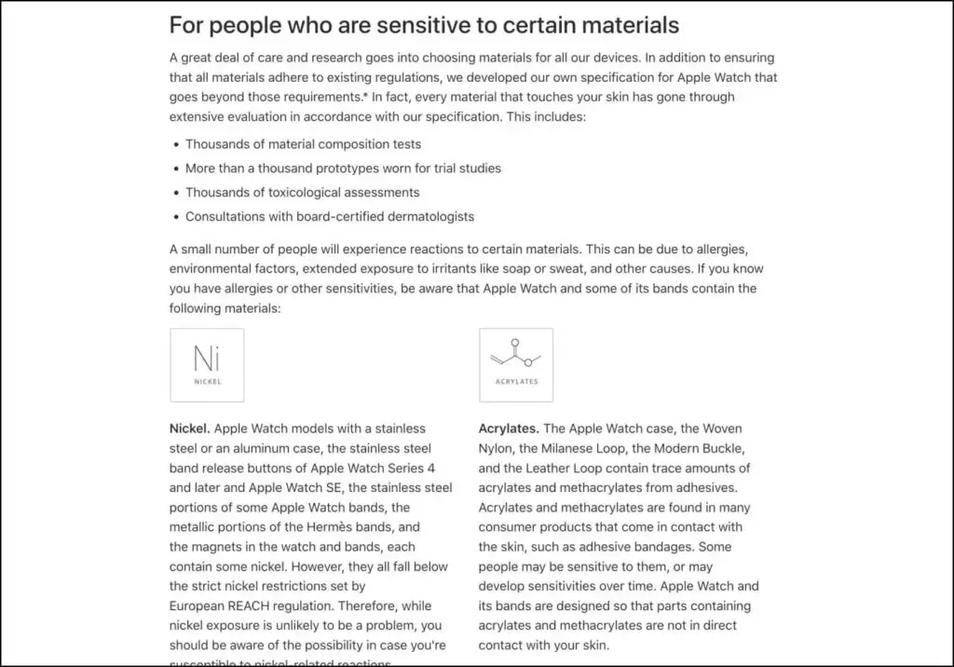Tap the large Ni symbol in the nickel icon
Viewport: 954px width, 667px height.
[207, 358]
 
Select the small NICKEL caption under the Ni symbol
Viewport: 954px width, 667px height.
[207, 382]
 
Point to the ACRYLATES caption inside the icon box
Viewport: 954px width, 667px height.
[516, 381]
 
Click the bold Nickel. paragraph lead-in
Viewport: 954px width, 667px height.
[190, 429]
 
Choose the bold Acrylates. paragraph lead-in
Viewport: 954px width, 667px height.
[509, 429]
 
